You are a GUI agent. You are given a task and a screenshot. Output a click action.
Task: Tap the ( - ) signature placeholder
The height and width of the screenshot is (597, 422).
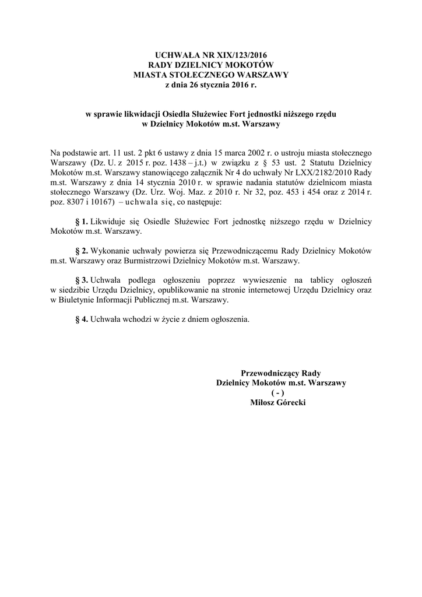tap(281, 392)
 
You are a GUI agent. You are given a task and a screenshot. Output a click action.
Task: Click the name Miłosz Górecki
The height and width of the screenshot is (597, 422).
tap(281, 402)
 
